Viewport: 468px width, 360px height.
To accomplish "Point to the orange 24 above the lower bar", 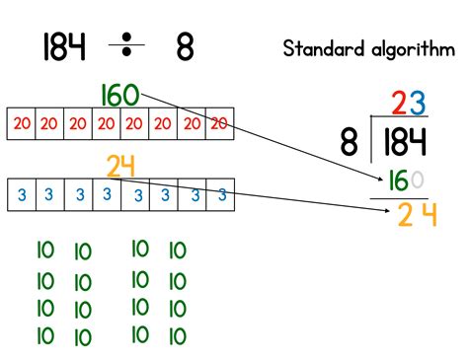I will click(x=120, y=167).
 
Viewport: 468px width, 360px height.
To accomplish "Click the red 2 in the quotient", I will click(x=398, y=103).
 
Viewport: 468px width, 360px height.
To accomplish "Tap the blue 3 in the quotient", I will click(x=419, y=103).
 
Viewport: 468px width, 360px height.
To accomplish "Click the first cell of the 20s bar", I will click(x=21, y=122).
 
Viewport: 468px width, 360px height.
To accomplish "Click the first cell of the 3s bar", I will click(x=21, y=195).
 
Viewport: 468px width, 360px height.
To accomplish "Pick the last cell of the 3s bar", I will click(x=223, y=195).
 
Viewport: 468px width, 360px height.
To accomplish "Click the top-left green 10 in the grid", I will click(x=44, y=252).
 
